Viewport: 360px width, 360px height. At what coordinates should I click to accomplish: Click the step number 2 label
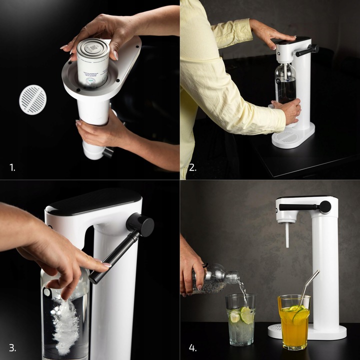pyautogui.click(x=192, y=168)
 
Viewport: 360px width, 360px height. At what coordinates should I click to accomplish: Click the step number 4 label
pyautogui.click(x=193, y=347)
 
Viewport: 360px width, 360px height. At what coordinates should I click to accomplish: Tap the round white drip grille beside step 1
pyautogui.click(x=32, y=99)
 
